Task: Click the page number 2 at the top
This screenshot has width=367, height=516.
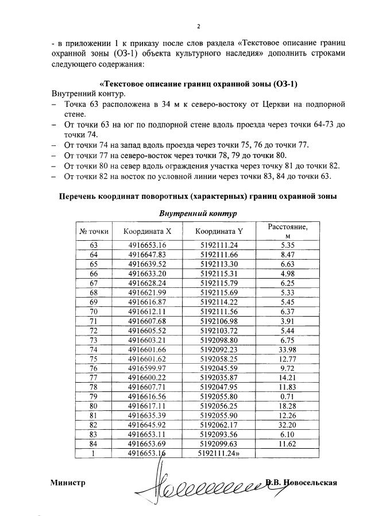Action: point(199,26)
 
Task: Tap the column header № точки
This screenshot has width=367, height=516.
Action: point(94,231)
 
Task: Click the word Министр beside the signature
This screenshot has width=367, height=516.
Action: point(68,483)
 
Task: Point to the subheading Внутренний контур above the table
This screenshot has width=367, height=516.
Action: point(198,213)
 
